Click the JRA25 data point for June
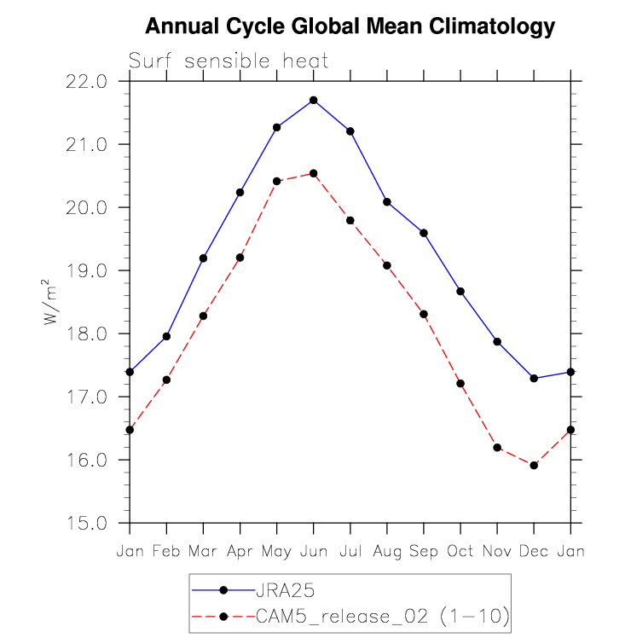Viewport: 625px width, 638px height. (314, 100)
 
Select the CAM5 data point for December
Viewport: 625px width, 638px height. (534, 465)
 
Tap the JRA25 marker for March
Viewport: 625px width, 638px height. (203, 258)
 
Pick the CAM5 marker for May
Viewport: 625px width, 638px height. (276, 181)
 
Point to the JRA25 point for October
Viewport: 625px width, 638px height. (460, 291)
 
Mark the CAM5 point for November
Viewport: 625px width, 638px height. (497, 448)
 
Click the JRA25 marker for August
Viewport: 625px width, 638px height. (387, 201)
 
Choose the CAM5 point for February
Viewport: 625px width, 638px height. (166, 380)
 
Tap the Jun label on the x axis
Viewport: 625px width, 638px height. (314, 551)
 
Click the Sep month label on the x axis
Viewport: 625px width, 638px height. (424, 551)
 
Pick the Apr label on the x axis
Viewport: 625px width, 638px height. (240, 551)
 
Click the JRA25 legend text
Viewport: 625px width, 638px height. (280, 589)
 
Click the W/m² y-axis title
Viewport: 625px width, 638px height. (50, 303)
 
